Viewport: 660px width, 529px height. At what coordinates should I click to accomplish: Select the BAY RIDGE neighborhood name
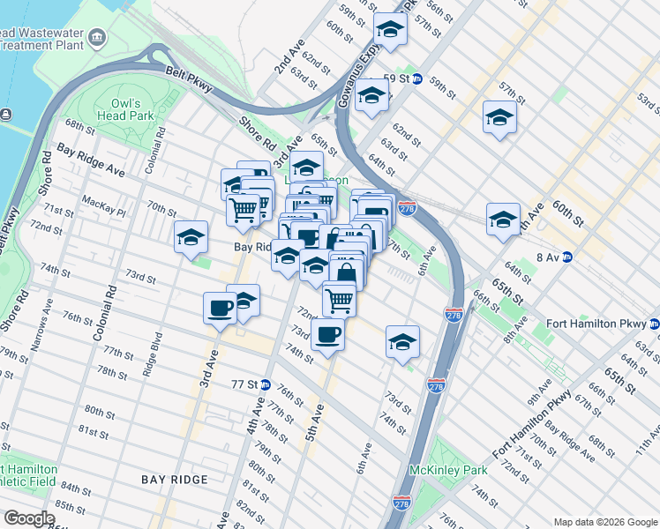click(x=175, y=479)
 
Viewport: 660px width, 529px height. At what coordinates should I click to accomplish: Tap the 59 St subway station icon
click(x=418, y=78)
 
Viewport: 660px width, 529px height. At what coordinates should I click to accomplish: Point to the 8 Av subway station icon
click(x=568, y=257)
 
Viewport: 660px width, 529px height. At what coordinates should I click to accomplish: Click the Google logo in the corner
click(x=28, y=518)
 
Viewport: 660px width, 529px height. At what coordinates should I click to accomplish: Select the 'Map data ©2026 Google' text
click(x=605, y=521)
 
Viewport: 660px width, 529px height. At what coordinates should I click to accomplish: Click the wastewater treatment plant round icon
click(x=97, y=38)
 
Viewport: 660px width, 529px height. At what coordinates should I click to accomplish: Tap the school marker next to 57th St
click(x=499, y=116)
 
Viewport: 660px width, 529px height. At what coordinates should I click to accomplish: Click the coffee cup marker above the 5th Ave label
click(x=327, y=334)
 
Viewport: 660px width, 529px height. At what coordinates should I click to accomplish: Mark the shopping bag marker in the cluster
click(x=347, y=270)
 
